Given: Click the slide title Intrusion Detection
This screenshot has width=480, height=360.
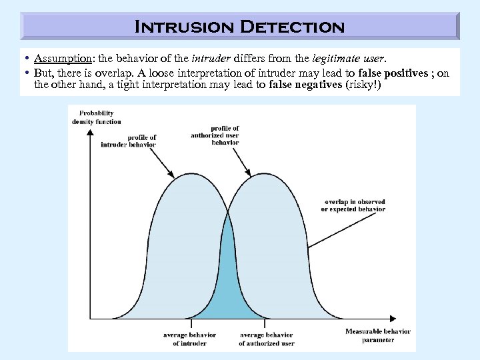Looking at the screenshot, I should point(240,27).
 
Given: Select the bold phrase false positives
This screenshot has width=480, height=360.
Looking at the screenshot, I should point(393,73).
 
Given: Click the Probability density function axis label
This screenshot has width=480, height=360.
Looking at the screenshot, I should point(97,117).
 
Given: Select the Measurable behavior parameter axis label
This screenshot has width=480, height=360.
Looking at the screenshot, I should point(377,335).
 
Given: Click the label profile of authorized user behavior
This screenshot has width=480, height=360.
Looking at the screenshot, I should point(215,135).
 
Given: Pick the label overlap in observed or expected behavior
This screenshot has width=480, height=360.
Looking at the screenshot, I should point(353,205).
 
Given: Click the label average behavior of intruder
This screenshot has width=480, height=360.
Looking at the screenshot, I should point(189,339).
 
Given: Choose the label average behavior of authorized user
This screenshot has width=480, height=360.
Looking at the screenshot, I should point(266,339).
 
